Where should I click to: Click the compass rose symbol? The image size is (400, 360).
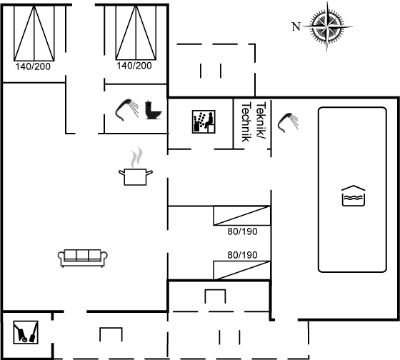(327, 26)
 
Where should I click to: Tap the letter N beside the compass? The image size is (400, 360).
(296, 26)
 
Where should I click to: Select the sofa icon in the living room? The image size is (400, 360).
(83, 258)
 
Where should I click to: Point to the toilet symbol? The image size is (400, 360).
(153, 110)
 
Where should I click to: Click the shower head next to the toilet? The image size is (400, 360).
(127, 109)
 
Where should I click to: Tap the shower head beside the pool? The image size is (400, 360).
(288, 122)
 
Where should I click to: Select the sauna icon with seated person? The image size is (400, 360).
(204, 121)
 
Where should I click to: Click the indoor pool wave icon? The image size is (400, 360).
(354, 196)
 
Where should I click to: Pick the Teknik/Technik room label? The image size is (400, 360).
(254, 121)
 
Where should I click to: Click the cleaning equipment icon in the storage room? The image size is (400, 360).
(26, 332)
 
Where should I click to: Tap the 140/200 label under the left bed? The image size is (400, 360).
(33, 66)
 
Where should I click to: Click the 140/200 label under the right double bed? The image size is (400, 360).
(134, 66)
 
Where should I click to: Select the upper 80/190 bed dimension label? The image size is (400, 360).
(242, 231)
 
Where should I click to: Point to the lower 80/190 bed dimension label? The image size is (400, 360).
(242, 255)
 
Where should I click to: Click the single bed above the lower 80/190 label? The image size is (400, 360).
(242, 216)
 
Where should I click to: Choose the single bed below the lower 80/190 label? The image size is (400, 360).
(242, 270)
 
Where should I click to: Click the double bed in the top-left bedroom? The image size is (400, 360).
(34, 33)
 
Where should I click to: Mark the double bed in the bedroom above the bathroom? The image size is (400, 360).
(136, 33)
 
